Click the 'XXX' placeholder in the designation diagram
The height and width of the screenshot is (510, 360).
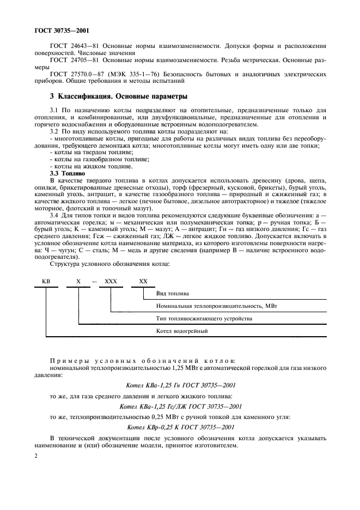[x=111, y=281]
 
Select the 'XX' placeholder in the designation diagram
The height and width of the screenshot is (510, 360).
[x=143, y=281]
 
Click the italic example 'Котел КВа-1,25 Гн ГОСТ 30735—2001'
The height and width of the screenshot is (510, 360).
[x=180, y=385]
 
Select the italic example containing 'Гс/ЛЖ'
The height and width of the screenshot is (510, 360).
[x=180, y=406]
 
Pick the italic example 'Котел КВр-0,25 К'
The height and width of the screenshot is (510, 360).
[x=180, y=427]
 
